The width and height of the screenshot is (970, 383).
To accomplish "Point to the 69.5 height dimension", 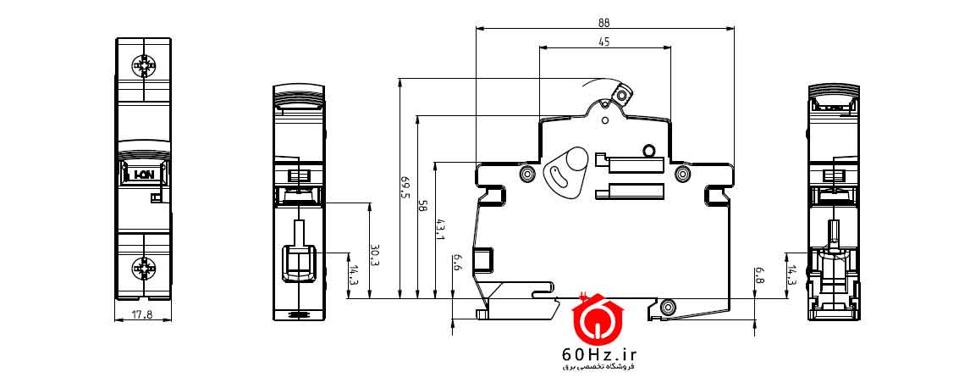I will [405, 188].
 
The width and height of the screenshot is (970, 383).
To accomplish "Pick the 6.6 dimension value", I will [458, 264].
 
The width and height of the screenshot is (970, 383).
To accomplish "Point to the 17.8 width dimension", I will [143, 314].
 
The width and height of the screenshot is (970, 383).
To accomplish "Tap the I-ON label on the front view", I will [143, 175].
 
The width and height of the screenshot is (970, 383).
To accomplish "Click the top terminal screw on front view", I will [143, 65].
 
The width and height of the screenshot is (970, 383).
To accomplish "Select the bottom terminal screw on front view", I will [143, 269].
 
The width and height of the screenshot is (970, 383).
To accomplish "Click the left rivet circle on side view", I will [527, 175].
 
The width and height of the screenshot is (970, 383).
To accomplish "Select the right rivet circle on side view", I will [682, 175].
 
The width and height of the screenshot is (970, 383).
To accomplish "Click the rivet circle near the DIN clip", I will [669, 307].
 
